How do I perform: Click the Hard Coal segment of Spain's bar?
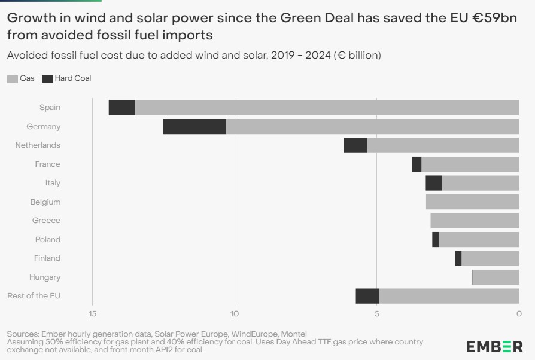pyautogui.click(x=122, y=108)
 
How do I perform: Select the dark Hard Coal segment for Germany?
pyautogui.click(x=194, y=126)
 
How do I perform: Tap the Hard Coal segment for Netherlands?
pyautogui.click(x=355, y=145)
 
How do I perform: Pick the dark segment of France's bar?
pyautogui.click(x=417, y=164)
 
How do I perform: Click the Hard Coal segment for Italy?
pyautogui.click(x=434, y=183)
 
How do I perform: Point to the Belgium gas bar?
pyautogui.click(x=473, y=202)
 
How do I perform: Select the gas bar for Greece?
pyautogui.click(x=475, y=221)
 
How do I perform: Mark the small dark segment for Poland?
pyautogui.click(x=436, y=239)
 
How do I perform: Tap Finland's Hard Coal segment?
pyautogui.click(x=458, y=258)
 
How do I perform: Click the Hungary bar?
pyautogui.click(x=496, y=277)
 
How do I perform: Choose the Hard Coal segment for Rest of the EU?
pyautogui.click(x=367, y=296)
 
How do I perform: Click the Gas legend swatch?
pyautogui.click(x=13, y=79)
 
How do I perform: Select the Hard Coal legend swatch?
pyautogui.click(x=47, y=79)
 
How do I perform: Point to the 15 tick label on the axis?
pyautogui.click(x=93, y=313)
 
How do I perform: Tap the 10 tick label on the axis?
pyautogui.click(x=235, y=313)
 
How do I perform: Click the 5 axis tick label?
pyautogui.click(x=376, y=313)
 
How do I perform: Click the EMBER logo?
pyautogui.click(x=494, y=347)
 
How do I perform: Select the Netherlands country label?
pyautogui.click(x=38, y=145)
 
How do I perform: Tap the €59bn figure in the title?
pyautogui.click(x=495, y=18)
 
